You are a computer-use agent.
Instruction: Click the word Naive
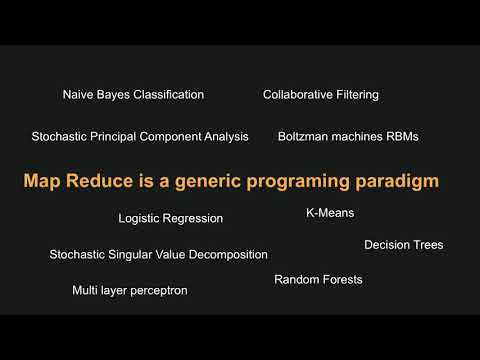78,95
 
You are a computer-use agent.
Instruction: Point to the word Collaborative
298,95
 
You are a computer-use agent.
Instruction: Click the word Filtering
357,95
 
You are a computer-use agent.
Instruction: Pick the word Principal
113,137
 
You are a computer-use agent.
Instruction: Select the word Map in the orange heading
42,182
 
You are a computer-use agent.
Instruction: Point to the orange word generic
208,182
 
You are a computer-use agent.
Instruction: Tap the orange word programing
298,182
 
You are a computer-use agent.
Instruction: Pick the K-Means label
330,213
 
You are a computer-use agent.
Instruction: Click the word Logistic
139,219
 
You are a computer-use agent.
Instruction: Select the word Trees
428,245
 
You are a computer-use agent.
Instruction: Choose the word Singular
130,255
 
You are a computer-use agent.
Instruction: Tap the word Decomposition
228,255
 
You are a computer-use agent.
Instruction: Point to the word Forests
342,279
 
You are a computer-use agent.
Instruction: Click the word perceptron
158,291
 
